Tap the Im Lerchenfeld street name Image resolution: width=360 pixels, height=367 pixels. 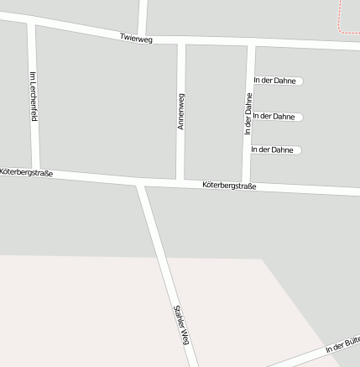click(34, 96)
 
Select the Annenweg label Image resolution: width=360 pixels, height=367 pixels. click(180, 111)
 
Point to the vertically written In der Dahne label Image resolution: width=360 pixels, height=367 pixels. click(248, 116)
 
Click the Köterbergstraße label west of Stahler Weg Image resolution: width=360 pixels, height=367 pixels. click(27, 172)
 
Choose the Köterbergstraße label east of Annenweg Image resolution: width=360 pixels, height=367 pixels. click(229, 186)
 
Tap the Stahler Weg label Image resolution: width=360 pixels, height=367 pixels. click(180, 325)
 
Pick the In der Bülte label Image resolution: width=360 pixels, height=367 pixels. click(342, 345)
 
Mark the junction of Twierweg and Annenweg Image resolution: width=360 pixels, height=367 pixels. click(181, 39)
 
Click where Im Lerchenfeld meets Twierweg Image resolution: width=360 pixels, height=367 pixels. click(31, 23)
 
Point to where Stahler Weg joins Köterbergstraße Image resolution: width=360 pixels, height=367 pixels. click(141, 182)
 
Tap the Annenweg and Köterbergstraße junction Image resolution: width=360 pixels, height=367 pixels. click(180, 181)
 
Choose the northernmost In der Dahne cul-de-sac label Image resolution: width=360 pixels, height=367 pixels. click(274, 81)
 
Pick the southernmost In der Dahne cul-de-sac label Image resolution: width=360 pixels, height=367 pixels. click(272, 149)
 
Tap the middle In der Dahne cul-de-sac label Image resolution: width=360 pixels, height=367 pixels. click(274, 116)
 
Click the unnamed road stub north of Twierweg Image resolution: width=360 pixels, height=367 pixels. click(143, 15)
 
